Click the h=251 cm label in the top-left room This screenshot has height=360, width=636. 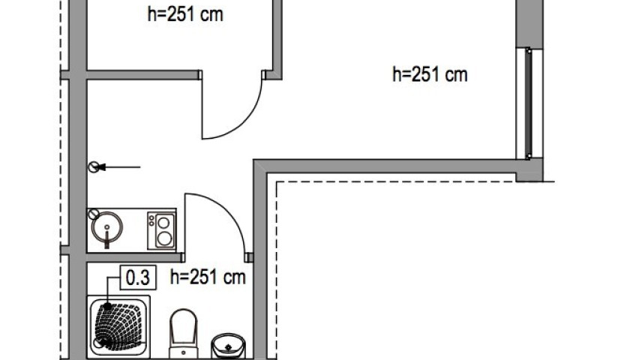pos(185,14)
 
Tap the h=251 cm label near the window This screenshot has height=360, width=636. pos(430,74)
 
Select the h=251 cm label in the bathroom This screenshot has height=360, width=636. pos(208,277)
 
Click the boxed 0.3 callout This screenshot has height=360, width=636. pos(138,277)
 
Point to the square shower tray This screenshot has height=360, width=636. pos(118,326)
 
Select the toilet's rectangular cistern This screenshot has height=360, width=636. pos(183,352)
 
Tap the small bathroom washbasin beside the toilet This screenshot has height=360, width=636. pos(228,346)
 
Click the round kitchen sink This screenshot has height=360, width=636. pos(107,227)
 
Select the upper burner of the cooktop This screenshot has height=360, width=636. pos(163,223)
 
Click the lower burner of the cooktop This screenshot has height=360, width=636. pos(163,238)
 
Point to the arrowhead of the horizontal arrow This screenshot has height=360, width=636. pos(101,166)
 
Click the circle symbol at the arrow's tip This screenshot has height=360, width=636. pos(94,167)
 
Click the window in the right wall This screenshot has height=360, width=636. pos(529,103)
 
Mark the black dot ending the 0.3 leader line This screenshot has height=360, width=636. pos(107,307)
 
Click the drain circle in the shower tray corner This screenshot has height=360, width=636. pos(98,343)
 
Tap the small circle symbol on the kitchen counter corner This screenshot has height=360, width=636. pos(94,214)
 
